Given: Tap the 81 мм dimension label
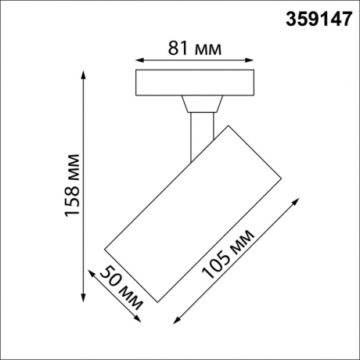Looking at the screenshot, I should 195,49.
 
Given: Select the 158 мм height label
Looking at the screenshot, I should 70,190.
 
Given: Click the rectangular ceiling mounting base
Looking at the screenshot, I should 195,83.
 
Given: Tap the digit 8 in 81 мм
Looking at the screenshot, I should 174,49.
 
